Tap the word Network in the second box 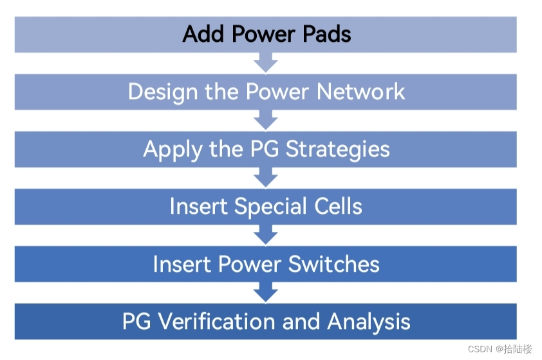pyautogui.click(x=361, y=91)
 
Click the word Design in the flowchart pyautogui.click(x=164, y=91)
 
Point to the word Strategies pyautogui.click(x=337, y=149)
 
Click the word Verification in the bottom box pyautogui.click(x=221, y=321)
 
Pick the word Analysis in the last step pyautogui.click(x=369, y=321)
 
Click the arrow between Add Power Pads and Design pyautogui.click(x=265, y=63)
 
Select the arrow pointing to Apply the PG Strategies pyautogui.click(x=265, y=120)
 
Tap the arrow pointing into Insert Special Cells pyautogui.click(x=265, y=178)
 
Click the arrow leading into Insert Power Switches pyautogui.click(x=265, y=235)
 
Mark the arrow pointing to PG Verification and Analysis pyautogui.click(x=265, y=293)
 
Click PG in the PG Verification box pyautogui.click(x=137, y=321)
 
